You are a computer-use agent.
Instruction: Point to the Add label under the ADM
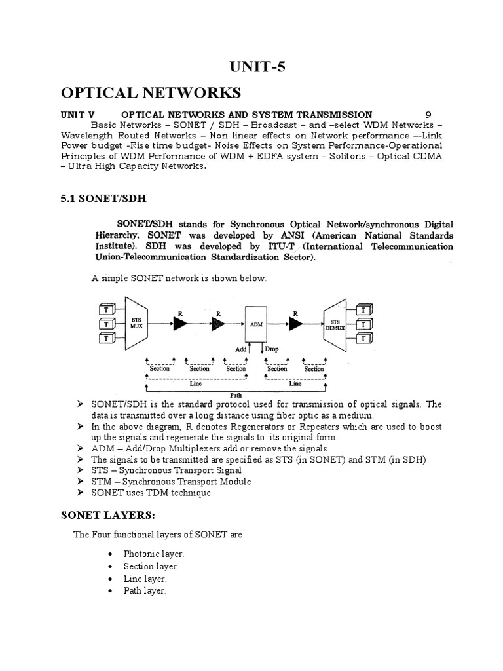[x=240, y=349]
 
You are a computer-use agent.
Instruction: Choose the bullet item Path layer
[x=145, y=591]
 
